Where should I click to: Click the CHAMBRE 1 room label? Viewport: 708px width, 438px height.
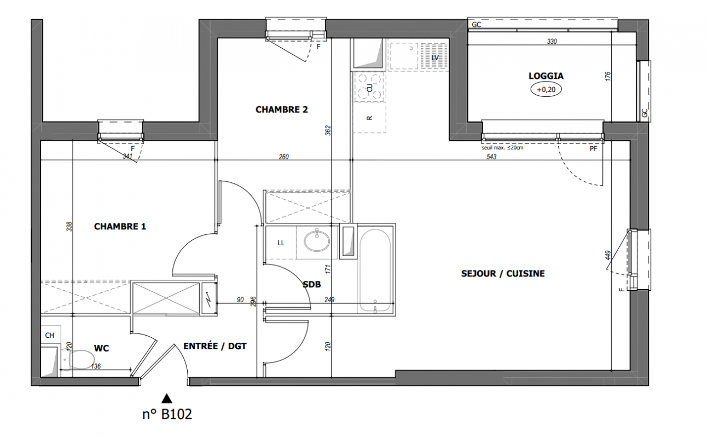pyautogui.click(x=120, y=227)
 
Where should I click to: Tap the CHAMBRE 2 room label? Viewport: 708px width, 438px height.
pyautogui.click(x=282, y=109)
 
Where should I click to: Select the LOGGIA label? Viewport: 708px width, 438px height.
pyautogui.click(x=546, y=76)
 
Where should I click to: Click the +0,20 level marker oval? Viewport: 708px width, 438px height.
pyautogui.click(x=546, y=89)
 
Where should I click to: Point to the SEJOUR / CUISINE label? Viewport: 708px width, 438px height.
pyautogui.click(x=503, y=274)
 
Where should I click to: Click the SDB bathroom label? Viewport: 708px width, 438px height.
pyautogui.click(x=312, y=284)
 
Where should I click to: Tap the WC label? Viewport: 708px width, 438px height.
pyautogui.click(x=101, y=348)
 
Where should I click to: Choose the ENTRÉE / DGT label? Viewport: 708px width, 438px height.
pyautogui.click(x=215, y=346)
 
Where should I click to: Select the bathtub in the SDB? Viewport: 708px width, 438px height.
pyautogui.click(x=375, y=270)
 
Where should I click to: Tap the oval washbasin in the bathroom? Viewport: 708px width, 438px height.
pyautogui.click(x=316, y=241)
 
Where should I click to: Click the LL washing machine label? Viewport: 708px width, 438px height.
pyautogui.click(x=281, y=243)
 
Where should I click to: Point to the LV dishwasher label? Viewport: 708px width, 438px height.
pyautogui.click(x=435, y=58)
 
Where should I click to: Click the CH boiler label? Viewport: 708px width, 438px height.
pyautogui.click(x=50, y=335)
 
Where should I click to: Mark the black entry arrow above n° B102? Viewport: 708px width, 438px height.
pyautogui.click(x=166, y=399)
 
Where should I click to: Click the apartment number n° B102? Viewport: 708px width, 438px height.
pyautogui.click(x=167, y=414)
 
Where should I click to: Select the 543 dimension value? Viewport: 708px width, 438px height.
pyautogui.click(x=491, y=157)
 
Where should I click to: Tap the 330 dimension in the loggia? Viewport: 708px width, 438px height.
pyautogui.click(x=552, y=42)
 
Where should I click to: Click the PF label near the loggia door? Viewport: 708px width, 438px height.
pyautogui.click(x=593, y=148)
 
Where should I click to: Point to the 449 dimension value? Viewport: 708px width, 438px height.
pyautogui.click(x=608, y=256)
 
